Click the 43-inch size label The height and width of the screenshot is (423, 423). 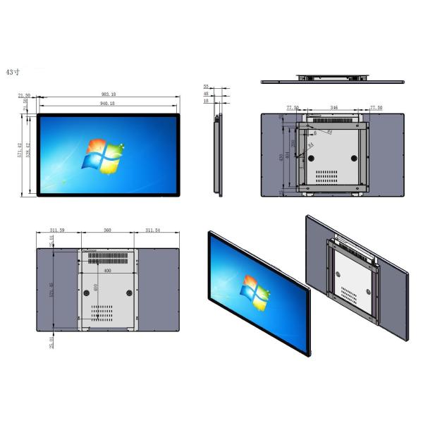coord(13,72)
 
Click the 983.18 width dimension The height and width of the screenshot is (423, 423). coord(109,94)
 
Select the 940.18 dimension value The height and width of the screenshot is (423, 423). coord(109,104)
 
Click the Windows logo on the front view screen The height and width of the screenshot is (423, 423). coord(104,156)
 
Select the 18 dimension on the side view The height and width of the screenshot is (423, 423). coord(206,101)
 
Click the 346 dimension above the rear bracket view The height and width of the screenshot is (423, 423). coord(333,109)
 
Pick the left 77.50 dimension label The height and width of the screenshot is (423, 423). coord(293,109)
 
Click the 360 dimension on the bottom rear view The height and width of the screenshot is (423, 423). coord(108,231)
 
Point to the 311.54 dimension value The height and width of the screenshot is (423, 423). coord(157,231)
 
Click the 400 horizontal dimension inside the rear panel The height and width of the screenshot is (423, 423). coord(106,271)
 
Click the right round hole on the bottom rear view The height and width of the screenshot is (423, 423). coord(130,291)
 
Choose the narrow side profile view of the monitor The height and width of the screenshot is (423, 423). coord(218,153)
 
